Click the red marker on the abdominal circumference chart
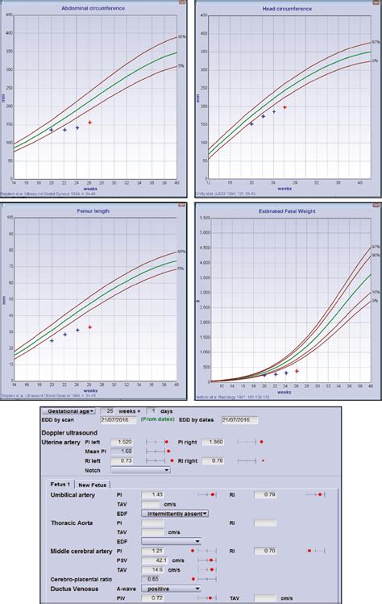tap(89, 123)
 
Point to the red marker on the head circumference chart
tap(284, 107)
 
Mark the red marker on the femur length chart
tap(89, 327)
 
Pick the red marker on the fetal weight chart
tap(297, 371)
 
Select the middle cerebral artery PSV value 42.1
tap(156, 560)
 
